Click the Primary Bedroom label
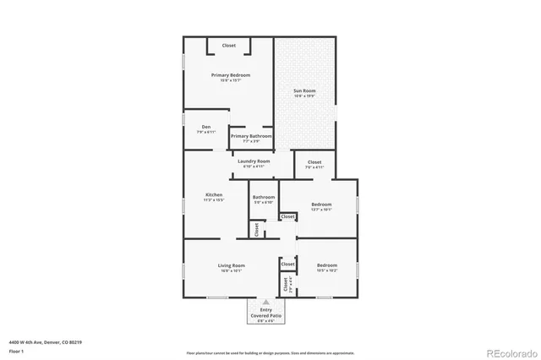227,74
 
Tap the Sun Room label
304,90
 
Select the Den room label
205,127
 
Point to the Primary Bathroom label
251,136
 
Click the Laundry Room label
254,161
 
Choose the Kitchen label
214,194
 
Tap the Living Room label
232,265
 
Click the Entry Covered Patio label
266,312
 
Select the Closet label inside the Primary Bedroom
229,45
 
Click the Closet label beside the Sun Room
314,161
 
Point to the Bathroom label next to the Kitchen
264,197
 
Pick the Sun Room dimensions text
304,96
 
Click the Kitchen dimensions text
214,200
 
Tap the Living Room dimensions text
232,271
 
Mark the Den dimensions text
205,133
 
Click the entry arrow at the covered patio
266,301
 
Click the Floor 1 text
16,351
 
